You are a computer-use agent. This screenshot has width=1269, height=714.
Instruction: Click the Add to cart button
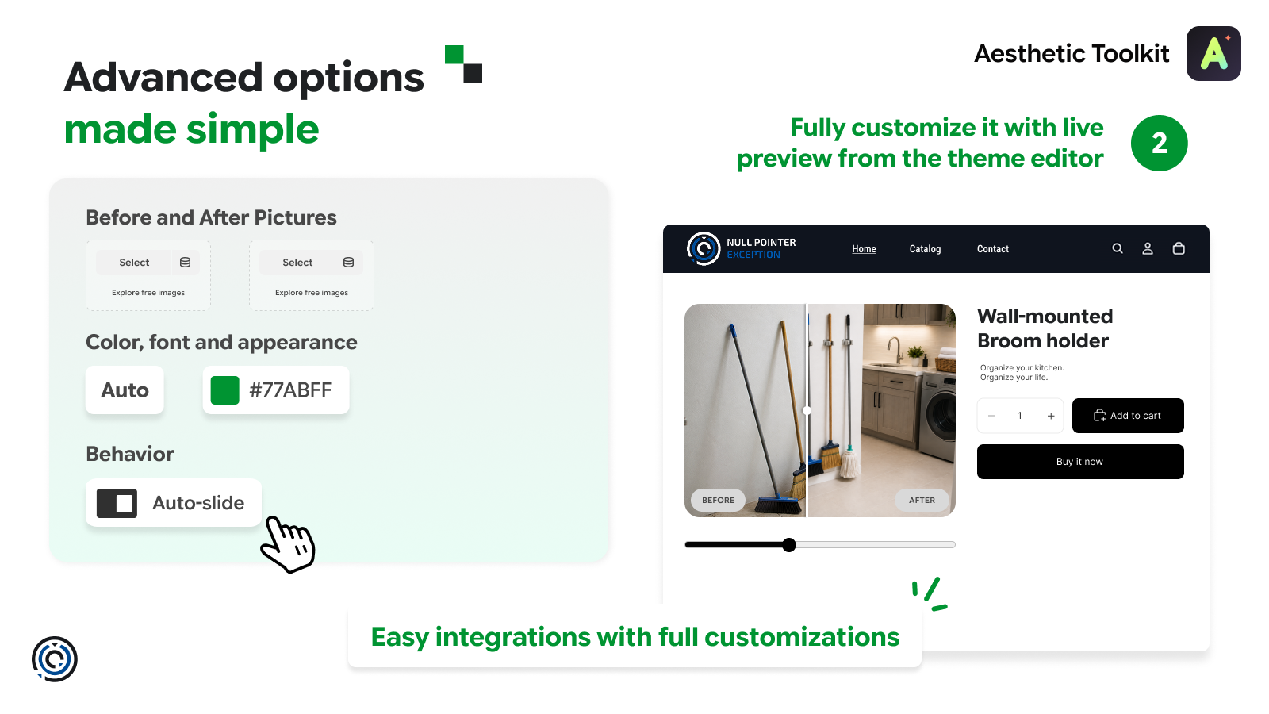[1127, 416]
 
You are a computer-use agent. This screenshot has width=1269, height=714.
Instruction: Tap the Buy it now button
[1079, 461]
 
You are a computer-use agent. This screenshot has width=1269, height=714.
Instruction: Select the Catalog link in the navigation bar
[925, 249]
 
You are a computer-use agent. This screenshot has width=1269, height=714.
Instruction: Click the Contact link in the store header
[992, 249]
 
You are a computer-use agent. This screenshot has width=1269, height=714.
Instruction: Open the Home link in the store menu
[864, 249]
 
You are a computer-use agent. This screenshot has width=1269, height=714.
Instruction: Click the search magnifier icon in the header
[1118, 248]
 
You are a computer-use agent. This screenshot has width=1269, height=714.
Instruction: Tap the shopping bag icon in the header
[1179, 248]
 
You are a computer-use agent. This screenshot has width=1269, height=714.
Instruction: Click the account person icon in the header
[1147, 248]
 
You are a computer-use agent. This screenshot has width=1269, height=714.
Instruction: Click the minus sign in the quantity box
[991, 416]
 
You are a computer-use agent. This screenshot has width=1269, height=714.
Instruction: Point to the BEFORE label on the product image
[718, 500]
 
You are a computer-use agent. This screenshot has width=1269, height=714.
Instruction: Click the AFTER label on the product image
[922, 500]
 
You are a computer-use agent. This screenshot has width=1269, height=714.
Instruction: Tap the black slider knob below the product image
[788, 544]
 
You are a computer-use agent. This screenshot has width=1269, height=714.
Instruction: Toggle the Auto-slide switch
[117, 503]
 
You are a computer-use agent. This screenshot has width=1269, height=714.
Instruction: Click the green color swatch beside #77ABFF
[224, 390]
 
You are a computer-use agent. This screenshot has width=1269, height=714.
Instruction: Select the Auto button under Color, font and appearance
[125, 390]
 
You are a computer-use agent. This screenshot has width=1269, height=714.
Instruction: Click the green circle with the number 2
[1159, 143]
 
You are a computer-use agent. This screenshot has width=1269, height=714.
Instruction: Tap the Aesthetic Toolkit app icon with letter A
[1213, 53]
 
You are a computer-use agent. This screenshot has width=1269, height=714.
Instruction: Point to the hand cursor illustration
[288, 544]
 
